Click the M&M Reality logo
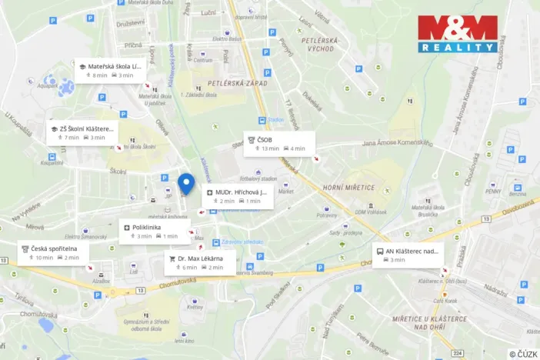pyautogui.click(x=457, y=33)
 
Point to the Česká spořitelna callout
pyautogui.click(x=53, y=253)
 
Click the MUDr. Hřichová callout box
pyautogui.click(x=238, y=196)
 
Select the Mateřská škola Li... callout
pyautogui.click(x=109, y=71)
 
